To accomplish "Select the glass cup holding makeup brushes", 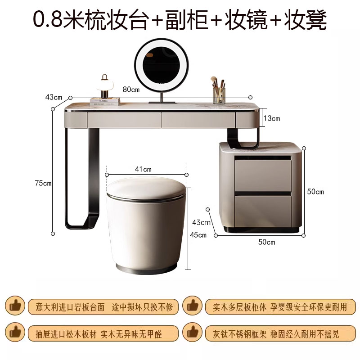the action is tap(219, 96).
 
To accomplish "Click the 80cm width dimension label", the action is tap(131, 89).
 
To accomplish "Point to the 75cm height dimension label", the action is tap(43, 183).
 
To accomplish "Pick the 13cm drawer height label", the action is tap(272, 118).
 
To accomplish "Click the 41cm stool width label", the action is tap(143, 169).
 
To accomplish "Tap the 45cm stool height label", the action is tap(198, 235).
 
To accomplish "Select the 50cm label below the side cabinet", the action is tap(266, 242).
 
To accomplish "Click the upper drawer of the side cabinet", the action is tap(263, 175).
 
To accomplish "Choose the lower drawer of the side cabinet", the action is tap(263, 211).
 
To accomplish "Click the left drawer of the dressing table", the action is tap(124, 120).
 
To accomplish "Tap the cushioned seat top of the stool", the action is tap(146, 189).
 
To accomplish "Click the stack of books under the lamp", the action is tap(105, 102).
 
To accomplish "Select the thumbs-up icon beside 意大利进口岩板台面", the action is tap(15, 306).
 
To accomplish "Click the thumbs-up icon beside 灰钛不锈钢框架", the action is tap(193, 332).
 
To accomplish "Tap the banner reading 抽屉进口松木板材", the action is tap(103, 334).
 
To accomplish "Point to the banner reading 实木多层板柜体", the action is tap(280, 307).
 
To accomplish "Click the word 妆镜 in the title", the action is tap(246, 20).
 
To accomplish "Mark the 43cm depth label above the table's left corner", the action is tap(54, 97).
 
